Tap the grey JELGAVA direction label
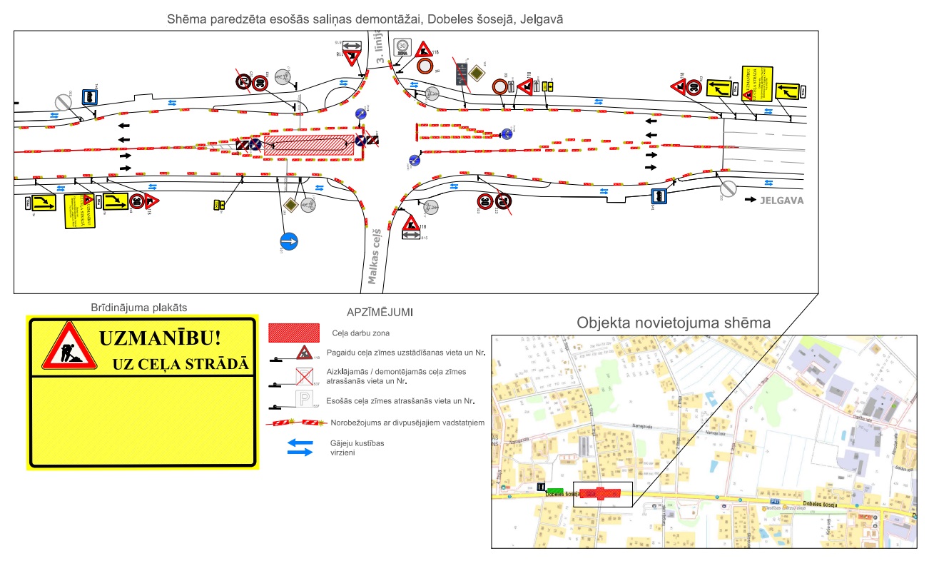click(x=782, y=201)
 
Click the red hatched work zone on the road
click(x=309, y=145)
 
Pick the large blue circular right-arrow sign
click(x=289, y=241)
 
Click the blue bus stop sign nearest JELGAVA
click(x=659, y=197)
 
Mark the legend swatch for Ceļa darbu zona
click(x=293, y=333)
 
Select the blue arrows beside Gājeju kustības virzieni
click(x=299, y=448)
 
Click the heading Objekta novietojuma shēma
click(x=674, y=323)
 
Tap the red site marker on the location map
click(x=600, y=492)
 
